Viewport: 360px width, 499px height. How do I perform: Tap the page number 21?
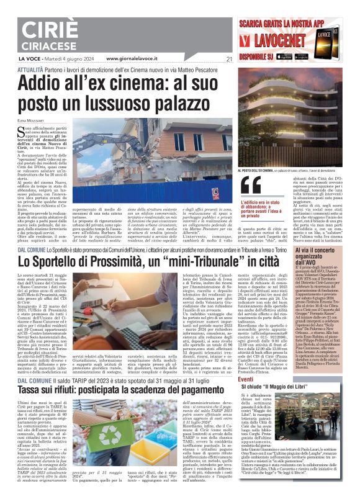230,60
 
